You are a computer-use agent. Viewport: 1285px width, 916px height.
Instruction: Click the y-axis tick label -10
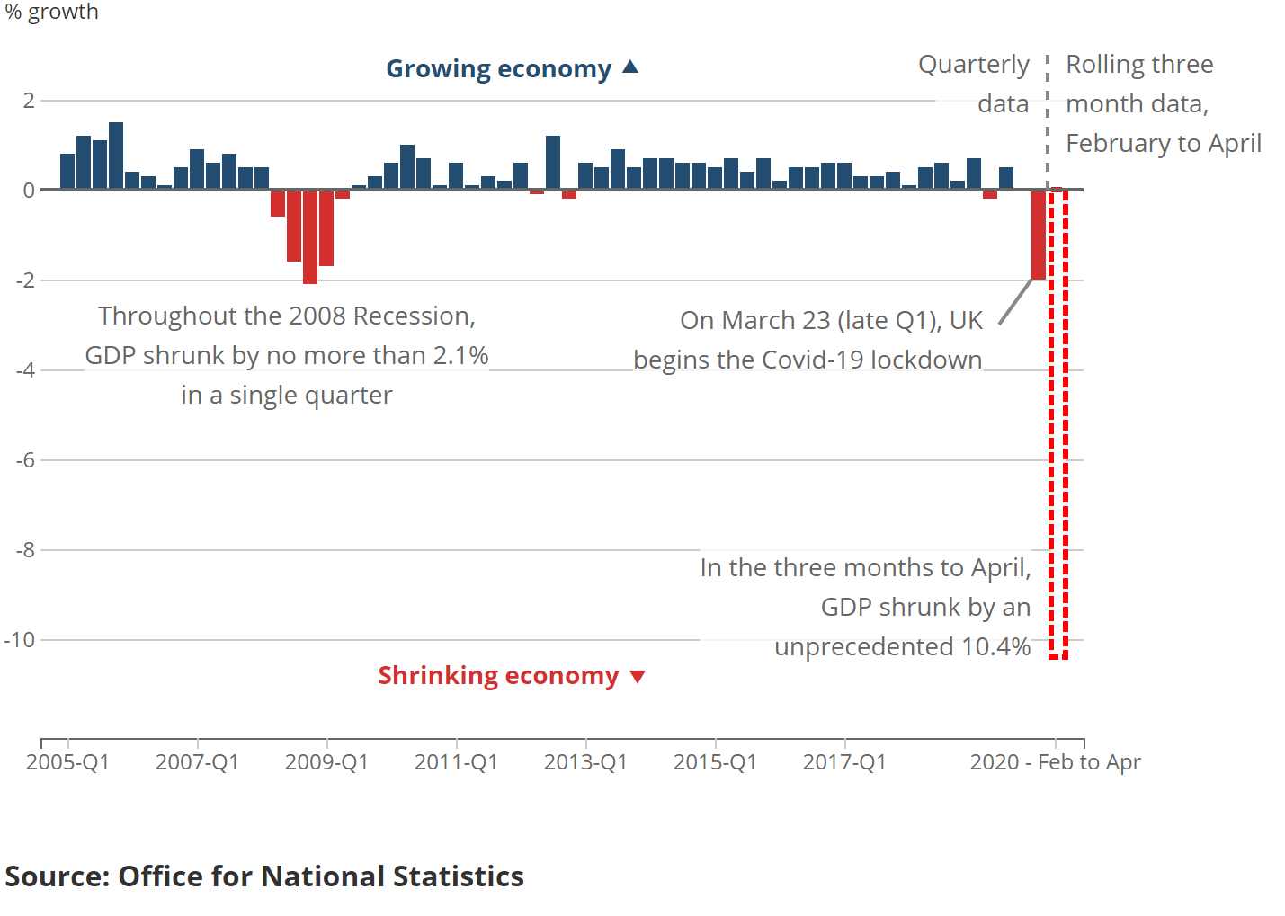click(x=19, y=640)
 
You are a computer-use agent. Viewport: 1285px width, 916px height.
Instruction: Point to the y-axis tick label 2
click(x=29, y=101)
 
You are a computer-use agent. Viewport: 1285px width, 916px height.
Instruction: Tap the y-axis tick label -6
click(x=25, y=460)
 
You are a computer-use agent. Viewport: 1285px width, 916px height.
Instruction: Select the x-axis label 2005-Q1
click(x=67, y=762)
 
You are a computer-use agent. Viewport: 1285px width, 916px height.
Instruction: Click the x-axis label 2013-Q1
click(x=585, y=762)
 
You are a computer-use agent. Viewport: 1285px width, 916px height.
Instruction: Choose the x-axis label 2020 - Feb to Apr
click(x=1055, y=762)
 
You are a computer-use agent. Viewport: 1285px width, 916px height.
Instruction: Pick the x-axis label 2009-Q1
click(x=326, y=762)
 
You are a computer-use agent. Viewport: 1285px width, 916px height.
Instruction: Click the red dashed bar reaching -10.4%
click(x=1058, y=422)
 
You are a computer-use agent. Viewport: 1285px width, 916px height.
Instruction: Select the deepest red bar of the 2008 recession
click(x=310, y=237)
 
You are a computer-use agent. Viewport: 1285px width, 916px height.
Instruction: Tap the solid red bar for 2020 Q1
click(x=1039, y=236)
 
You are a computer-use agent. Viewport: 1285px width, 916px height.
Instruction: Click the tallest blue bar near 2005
click(x=116, y=156)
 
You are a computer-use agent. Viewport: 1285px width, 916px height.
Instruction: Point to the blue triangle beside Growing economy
click(x=630, y=67)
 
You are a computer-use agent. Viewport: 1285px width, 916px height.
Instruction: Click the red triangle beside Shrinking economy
click(x=638, y=677)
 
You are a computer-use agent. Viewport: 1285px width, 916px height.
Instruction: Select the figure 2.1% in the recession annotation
click(x=460, y=356)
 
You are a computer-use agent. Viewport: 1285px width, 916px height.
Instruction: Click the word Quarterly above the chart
click(x=973, y=65)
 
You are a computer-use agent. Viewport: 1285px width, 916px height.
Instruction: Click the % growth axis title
click(x=51, y=12)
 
